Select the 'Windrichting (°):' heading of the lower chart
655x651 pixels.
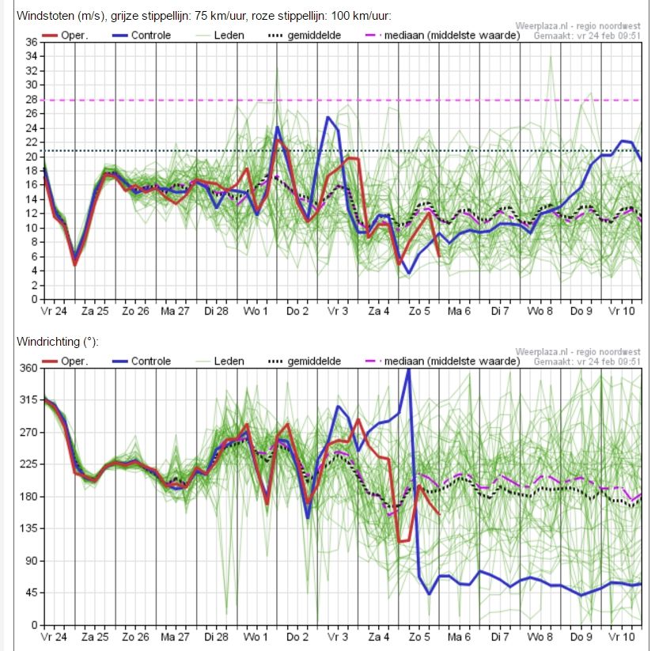click(58, 342)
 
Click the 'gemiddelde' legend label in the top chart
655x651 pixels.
click(314, 36)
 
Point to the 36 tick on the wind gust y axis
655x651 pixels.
click(32, 42)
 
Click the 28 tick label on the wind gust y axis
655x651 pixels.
click(32, 100)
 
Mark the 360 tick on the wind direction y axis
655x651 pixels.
click(28, 368)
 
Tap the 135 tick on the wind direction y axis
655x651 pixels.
click(28, 528)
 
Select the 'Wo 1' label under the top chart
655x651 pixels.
click(256, 311)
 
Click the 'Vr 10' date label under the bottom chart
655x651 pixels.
click(622, 637)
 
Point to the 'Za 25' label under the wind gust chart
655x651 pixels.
click(95, 311)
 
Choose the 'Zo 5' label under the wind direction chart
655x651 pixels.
click(419, 637)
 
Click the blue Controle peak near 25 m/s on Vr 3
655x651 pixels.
click(328, 117)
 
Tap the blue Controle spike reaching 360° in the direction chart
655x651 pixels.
click(409, 370)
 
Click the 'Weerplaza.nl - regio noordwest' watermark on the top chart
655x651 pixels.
click(577, 26)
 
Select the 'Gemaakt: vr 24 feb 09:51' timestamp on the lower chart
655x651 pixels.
click(587, 361)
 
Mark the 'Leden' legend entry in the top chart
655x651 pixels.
click(220, 36)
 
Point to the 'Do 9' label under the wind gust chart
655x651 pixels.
click(581, 311)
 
